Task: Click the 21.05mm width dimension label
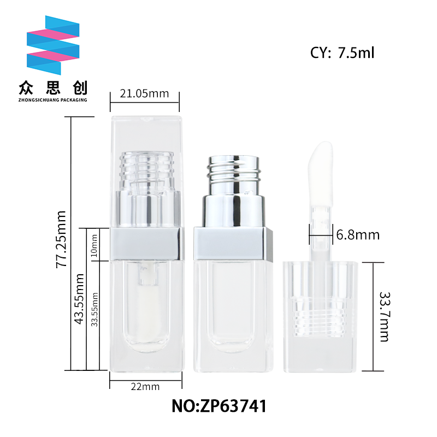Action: tap(144, 93)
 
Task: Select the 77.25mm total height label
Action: tap(61, 240)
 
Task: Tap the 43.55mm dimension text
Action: tap(79, 299)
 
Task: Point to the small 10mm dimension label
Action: tap(95, 245)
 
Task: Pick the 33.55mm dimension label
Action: tap(95, 309)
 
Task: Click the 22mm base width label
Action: tap(145, 387)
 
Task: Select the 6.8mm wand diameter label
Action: tap(358, 235)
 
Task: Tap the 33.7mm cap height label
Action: tap(385, 317)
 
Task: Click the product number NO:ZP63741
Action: tap(219, 406)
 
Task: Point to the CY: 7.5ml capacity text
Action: tap(342, 52)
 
